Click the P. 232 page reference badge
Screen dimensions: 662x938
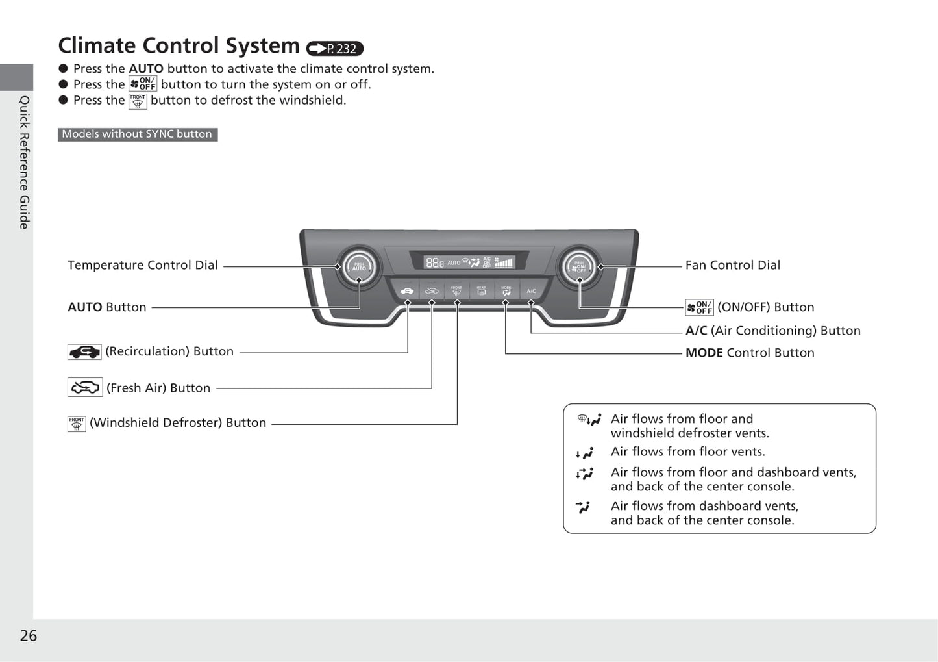[335, 49]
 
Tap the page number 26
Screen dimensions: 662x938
[29, 635]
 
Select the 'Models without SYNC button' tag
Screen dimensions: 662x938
[138, 134]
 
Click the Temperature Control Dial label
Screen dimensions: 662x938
[143, 265]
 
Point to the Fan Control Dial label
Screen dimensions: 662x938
[733, 265]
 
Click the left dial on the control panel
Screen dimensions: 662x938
[359, 266]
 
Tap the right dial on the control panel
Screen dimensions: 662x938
[579, 266]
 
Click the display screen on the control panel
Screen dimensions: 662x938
[469, 262]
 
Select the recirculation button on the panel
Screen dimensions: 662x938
[407, 291]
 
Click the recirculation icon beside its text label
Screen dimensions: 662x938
[84, 352]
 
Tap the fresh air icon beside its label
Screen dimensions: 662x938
[85, 388]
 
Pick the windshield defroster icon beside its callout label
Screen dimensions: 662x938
[77, 424]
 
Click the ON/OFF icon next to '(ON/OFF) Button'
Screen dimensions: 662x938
[699, 307]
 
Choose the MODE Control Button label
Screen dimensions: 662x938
[750, 353]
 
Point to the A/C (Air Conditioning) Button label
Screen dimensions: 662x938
[773, 331]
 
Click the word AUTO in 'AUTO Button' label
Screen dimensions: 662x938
[85, 307]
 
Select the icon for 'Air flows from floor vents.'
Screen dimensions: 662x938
[585, 453]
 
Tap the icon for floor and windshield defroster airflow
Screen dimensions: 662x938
[589, 420]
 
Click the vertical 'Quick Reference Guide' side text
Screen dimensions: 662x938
[24, 162]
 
